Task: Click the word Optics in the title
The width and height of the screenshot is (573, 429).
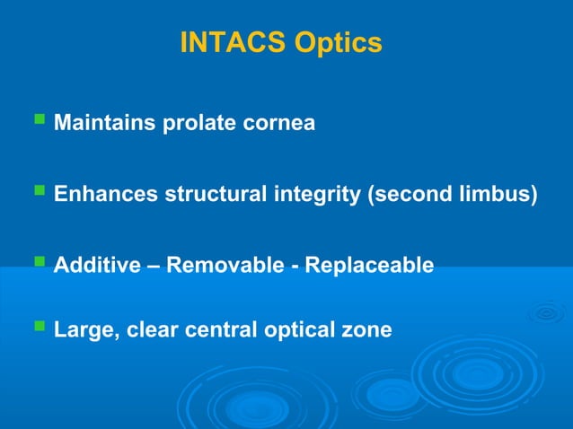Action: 339,42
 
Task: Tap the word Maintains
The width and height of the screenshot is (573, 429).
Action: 104,123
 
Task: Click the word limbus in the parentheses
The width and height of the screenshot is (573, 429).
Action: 499,195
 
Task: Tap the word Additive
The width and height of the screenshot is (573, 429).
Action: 96,266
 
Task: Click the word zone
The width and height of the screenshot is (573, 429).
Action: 370,330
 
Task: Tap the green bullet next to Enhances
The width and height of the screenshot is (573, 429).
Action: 38,190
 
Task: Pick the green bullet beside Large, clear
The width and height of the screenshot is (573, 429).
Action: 38,326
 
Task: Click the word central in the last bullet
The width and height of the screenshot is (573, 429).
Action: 218,330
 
